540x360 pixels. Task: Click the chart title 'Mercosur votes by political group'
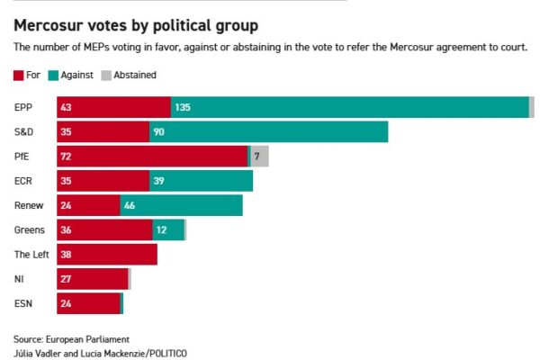[x=134, y=25]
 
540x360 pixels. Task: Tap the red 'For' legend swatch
[x=19, y=75]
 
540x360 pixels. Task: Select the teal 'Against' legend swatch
[x=54, y=75]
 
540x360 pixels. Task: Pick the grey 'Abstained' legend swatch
[x=104, y=75]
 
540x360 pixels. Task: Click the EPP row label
[x=23, y=108]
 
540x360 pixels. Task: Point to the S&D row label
[x=23, y=132]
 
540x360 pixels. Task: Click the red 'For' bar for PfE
[x=152, y=157]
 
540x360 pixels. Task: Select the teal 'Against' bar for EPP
[x=349, y=108]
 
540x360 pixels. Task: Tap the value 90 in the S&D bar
[x=158, y=132]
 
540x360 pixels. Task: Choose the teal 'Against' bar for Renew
[x=181, y=205]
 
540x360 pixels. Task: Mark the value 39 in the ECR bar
[x=158, y=181]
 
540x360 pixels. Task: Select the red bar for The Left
[x=106, y=255]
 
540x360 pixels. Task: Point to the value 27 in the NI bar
[x=66, y=279]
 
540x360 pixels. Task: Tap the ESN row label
[x=23, y=303]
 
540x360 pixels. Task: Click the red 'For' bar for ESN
[x=88, y=303]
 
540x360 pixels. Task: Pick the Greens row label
[x=29, y=229]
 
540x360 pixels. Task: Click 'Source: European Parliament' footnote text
[x=71, y=339]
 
